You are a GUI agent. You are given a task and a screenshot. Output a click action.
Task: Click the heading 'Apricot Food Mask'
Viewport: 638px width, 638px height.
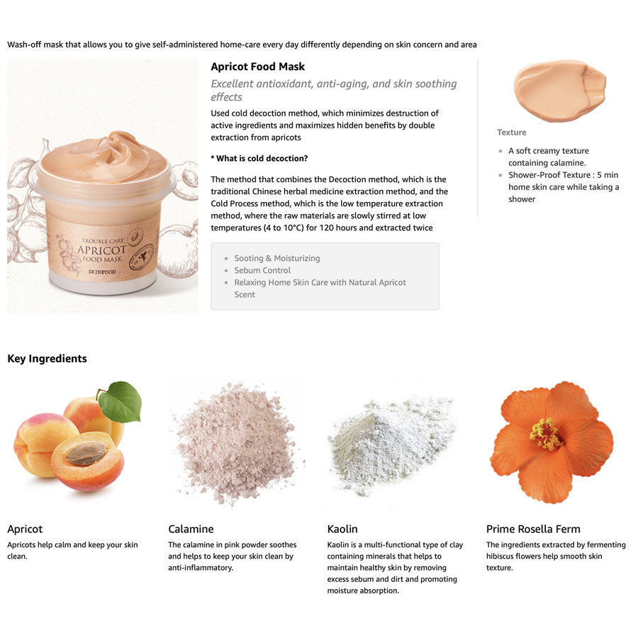[257, 67]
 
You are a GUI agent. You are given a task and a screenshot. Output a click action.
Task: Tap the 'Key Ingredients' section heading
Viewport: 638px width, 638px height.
[47, 359]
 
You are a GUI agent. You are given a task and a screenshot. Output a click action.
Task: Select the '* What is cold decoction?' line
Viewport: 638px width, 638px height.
[259, 158]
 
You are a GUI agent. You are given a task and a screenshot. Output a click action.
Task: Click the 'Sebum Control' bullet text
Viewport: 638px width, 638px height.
[262, 270]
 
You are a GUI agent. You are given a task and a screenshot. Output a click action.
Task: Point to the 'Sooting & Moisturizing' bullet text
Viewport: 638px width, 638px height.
[277, 258]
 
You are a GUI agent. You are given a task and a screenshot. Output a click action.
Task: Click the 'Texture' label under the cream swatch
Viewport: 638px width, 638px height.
[511, 133]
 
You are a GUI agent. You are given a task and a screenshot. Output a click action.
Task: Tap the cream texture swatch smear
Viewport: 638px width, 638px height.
[559, 90]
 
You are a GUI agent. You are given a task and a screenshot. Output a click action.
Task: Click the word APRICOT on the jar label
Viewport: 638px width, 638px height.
[101, 250]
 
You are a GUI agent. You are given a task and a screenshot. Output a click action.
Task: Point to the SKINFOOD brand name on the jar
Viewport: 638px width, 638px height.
[102, 272]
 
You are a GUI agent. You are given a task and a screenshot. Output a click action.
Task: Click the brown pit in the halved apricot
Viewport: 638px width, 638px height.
[86, 454]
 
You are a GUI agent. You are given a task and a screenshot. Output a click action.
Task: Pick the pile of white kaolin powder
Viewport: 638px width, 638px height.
[391, 444]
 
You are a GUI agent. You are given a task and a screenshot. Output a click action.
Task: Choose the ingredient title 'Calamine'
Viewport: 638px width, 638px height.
[191, 529]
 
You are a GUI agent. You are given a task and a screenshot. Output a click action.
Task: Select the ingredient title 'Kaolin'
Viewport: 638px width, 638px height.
[342, 529]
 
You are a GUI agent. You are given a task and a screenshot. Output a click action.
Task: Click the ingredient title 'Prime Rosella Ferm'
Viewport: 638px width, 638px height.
[533, 529]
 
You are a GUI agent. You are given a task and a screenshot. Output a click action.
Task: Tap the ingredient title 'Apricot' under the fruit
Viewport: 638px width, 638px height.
[25, 530]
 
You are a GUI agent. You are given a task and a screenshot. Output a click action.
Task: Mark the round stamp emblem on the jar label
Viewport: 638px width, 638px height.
[141, 257]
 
